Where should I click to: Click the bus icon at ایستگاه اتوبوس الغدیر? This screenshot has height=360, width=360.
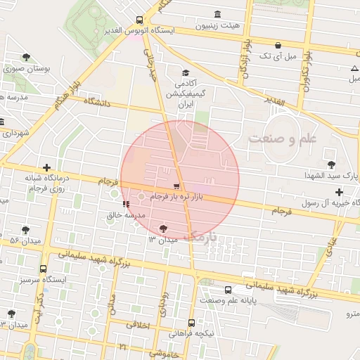139,20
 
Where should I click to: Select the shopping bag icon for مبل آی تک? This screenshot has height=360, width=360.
279,44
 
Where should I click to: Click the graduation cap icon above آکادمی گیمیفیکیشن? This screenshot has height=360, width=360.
186,72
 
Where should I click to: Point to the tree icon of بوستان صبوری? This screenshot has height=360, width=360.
27,57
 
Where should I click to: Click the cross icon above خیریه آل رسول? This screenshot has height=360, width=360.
339,192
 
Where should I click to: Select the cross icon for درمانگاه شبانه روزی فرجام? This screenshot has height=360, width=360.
46,167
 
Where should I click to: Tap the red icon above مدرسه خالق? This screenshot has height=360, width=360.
126,204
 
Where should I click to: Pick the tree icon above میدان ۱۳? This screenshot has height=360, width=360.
164,228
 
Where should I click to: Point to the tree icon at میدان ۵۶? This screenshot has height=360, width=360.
26,230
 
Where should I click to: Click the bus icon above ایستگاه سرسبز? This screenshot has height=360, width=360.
44,269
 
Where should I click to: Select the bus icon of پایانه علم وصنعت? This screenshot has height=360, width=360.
228,290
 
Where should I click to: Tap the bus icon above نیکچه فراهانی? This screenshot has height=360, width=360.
191,323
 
